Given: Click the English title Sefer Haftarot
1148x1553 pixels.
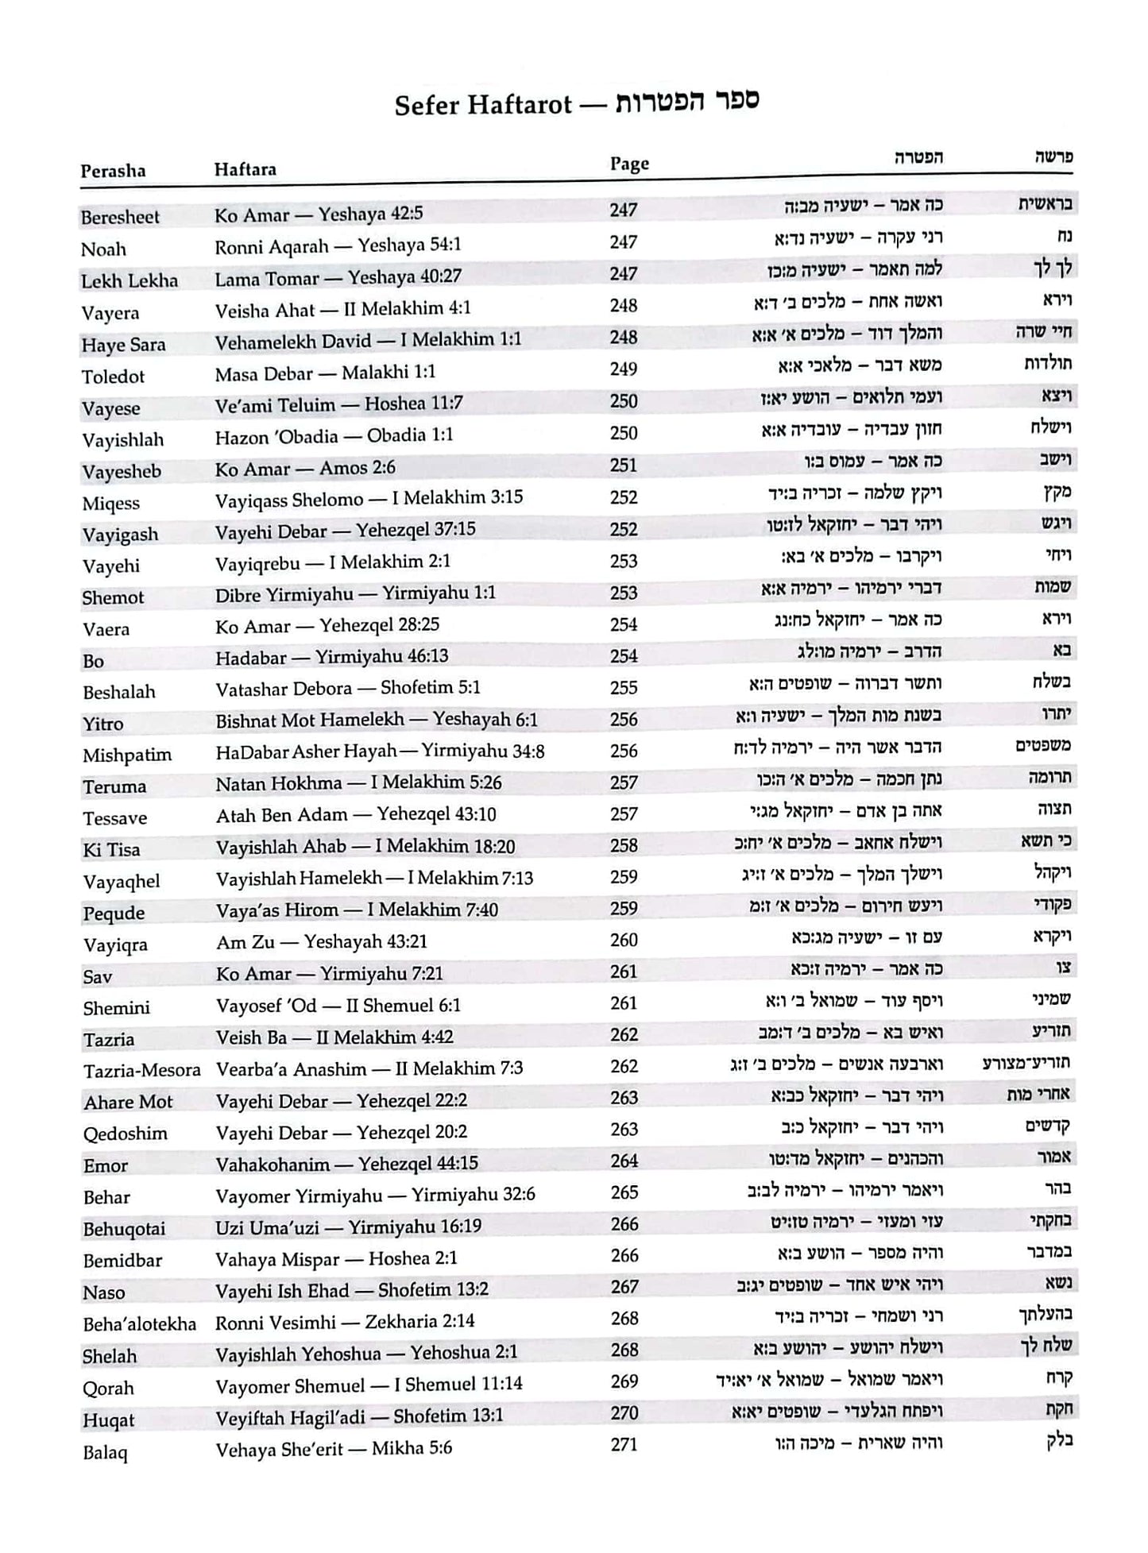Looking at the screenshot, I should coord(483,105).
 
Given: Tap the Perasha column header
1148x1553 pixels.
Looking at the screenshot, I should coord(113,171).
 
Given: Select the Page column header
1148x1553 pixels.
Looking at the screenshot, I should coord(629,164).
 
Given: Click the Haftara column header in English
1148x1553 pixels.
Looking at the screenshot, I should coord(245,169).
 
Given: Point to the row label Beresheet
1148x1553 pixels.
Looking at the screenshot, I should coord(120,217).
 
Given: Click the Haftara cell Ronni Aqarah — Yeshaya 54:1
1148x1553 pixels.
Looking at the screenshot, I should coord(338,245).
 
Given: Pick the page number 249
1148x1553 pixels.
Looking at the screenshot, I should coord(624,369).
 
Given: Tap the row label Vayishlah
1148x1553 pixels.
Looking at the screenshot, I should coord(122,439).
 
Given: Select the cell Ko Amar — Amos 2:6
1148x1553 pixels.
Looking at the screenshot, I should coord(305,468).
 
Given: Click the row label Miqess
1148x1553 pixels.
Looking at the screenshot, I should coord(110,503).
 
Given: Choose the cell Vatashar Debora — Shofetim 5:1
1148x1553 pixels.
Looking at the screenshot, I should coord(348,688).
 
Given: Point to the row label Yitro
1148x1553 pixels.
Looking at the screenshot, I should coord(103,724).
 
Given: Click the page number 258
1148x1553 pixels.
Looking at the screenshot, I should coord(624,846).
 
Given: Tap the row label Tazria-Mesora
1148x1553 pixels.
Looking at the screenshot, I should coord(142,1071).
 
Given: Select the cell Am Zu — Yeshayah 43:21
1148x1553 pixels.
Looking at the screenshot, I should coord(322,942).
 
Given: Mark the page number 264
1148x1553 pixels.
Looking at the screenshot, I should coord(624,1161).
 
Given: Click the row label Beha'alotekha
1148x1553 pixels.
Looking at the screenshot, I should coord(139,1324).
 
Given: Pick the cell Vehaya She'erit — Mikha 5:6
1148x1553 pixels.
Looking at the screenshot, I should coord(334,1449).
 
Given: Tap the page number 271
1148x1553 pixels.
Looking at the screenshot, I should coord(624,1444).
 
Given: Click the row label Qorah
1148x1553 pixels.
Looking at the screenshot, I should coord(108,1388).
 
